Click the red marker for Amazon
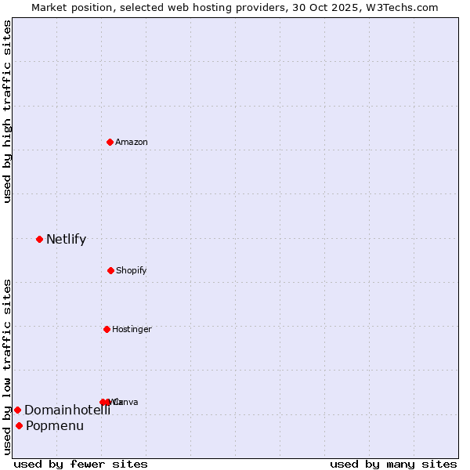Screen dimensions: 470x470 click(110, 142)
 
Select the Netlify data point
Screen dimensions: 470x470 click(39, 239)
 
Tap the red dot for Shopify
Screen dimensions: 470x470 click(110, 270)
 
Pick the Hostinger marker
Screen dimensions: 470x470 click(107, 329)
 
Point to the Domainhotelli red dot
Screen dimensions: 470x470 click(17, 410)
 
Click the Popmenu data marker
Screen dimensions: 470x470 click(19, 425)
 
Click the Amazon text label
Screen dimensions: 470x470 click(131, 142)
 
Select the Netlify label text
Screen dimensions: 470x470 click(66, 239)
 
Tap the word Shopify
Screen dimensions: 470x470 click(131, 270)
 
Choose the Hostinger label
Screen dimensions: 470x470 click(132, 329)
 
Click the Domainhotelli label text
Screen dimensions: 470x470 click(67, 410)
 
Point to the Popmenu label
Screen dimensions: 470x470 click(55, 425)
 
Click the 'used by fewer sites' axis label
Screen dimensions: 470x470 click(81, 464)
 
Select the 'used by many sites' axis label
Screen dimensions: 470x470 click(393, 464)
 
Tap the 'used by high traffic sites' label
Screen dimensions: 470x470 click(7, 111)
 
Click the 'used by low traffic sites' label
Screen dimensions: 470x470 click(7, 367)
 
